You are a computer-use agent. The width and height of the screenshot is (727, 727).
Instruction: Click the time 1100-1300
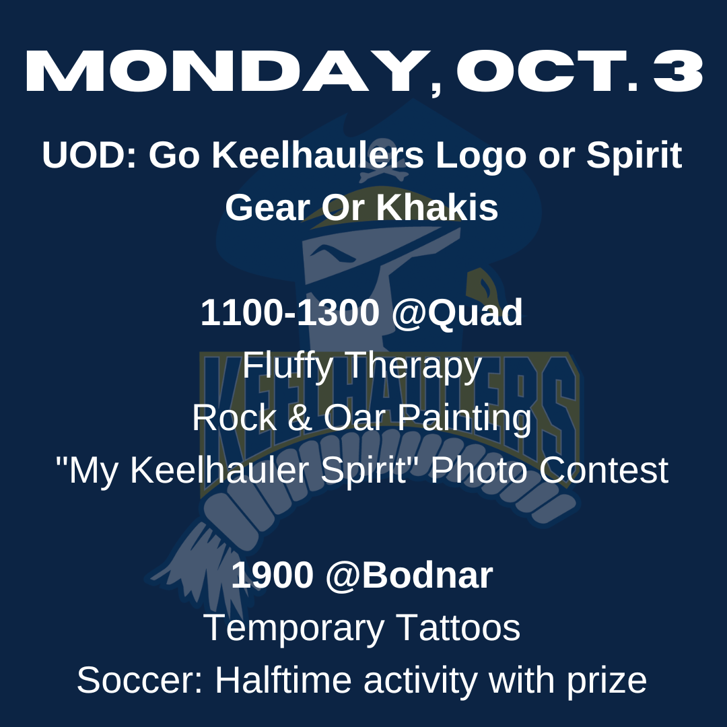pos(290,312)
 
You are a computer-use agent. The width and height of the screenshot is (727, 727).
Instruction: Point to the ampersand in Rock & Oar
pos(300,418)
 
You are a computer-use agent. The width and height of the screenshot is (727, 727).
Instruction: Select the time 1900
pos(272,576)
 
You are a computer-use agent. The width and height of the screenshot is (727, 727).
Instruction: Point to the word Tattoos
pos(458,628)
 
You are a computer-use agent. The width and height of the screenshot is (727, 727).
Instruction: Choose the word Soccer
pos(139,681)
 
